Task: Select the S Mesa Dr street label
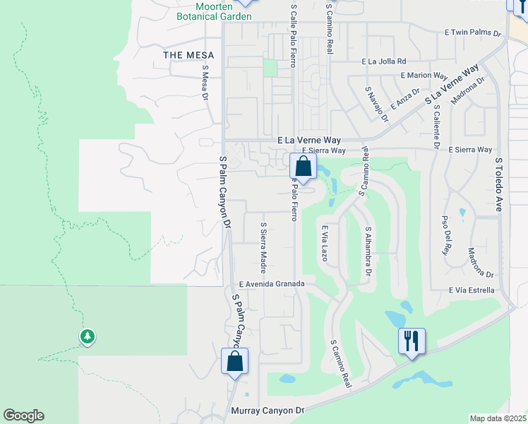tap(206, 83)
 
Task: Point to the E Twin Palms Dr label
tap(472, 33)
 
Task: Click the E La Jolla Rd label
tap(384, 61)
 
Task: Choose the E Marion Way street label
tap(424, 76)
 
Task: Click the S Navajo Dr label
tap(376, 105)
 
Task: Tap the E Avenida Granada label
tap(272, 283)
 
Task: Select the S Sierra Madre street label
tap(263, 248)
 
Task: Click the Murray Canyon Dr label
tap(268, 410)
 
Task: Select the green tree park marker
tap(88, 337)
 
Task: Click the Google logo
tap(23, 416)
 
